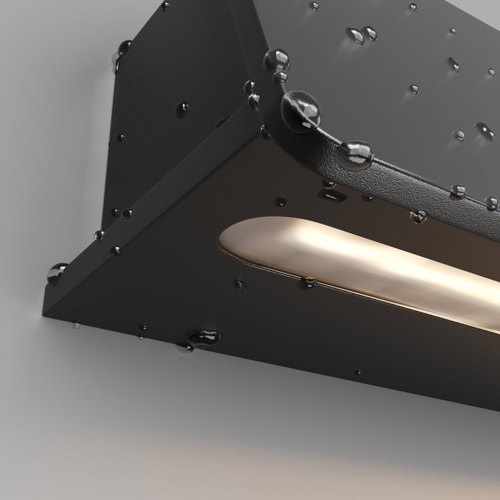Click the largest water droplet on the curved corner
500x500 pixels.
[x=301, y=110]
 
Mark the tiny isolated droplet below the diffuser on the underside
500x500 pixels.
[x=357, y=371]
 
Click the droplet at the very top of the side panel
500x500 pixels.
[x=165, y=6]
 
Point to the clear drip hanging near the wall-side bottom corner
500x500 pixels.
[x=77, y=325]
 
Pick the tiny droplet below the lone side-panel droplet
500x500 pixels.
[x=121, y=136]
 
